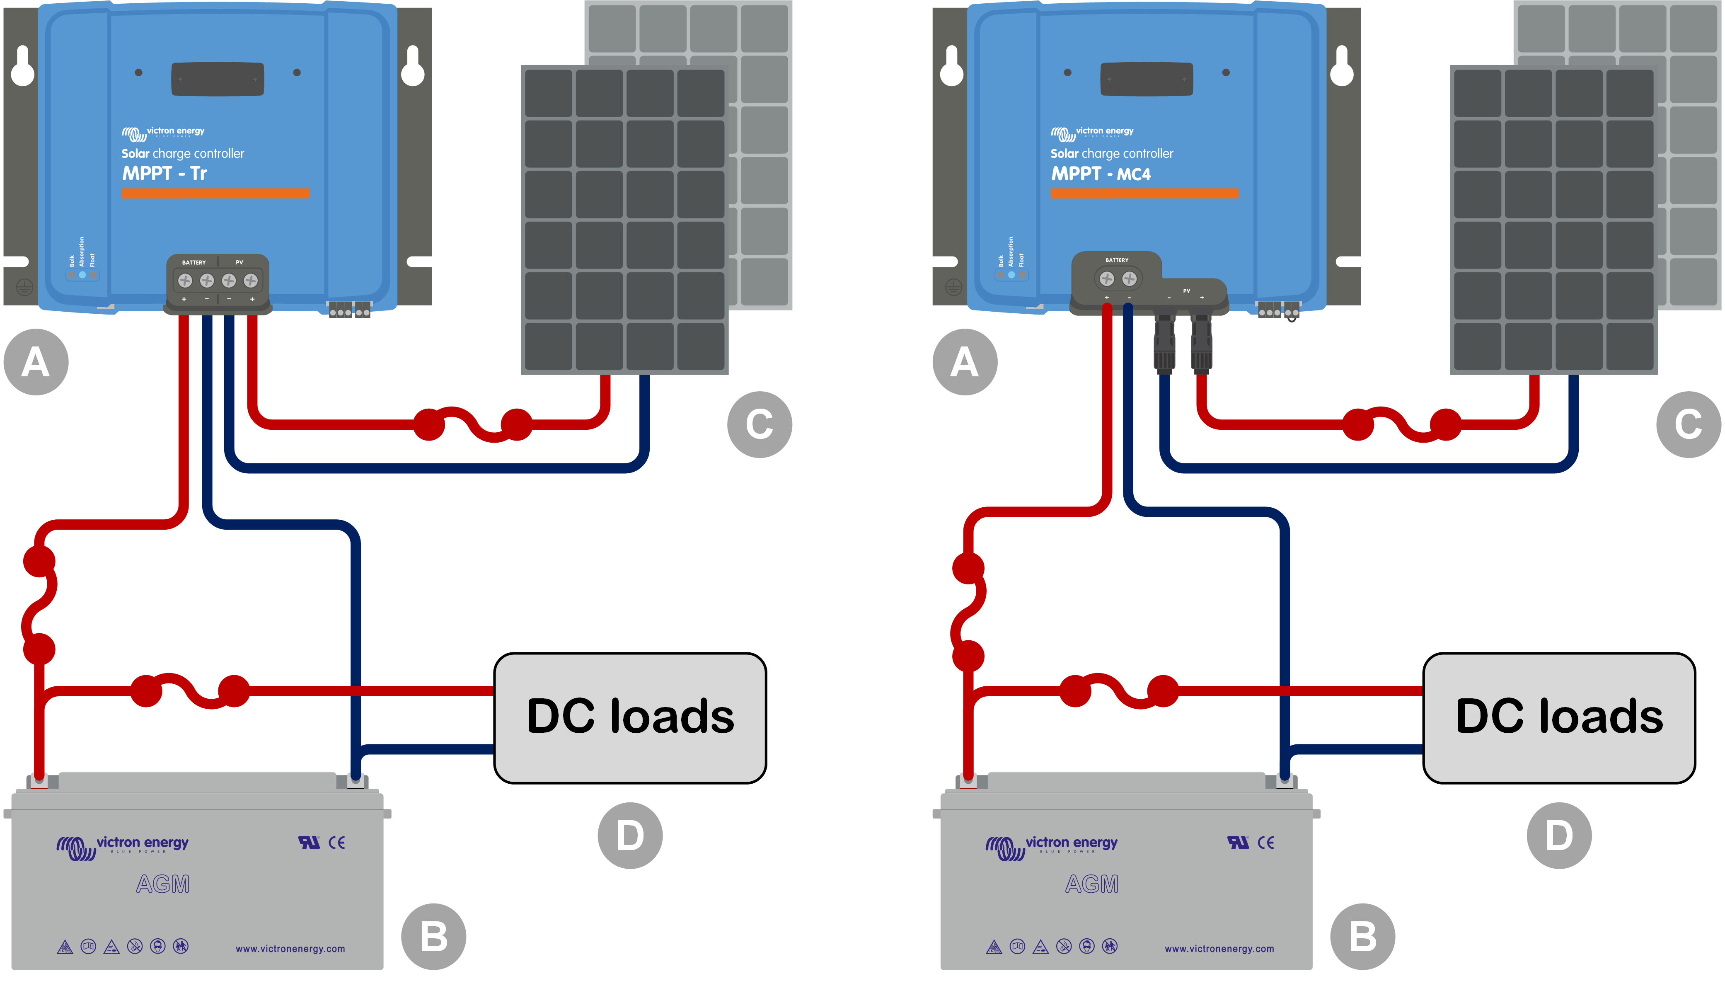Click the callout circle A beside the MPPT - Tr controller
[x=36, y=362]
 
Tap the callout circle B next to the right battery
[x=1362, y=937]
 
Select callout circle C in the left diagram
[x=759, y=424]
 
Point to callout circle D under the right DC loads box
[x=1558, y=836]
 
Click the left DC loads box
[x=630, y=717]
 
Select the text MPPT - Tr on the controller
[x=165, y=174]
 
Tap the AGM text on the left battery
[x=163, y=884]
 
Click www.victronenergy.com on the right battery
[x=1219, y=949]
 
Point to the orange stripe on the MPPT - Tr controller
[x=215, y=194]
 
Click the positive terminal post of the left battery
[x=40, y=780]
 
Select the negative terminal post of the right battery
[x=1285, y=780]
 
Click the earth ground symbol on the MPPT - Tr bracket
[x=24, y=288]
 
